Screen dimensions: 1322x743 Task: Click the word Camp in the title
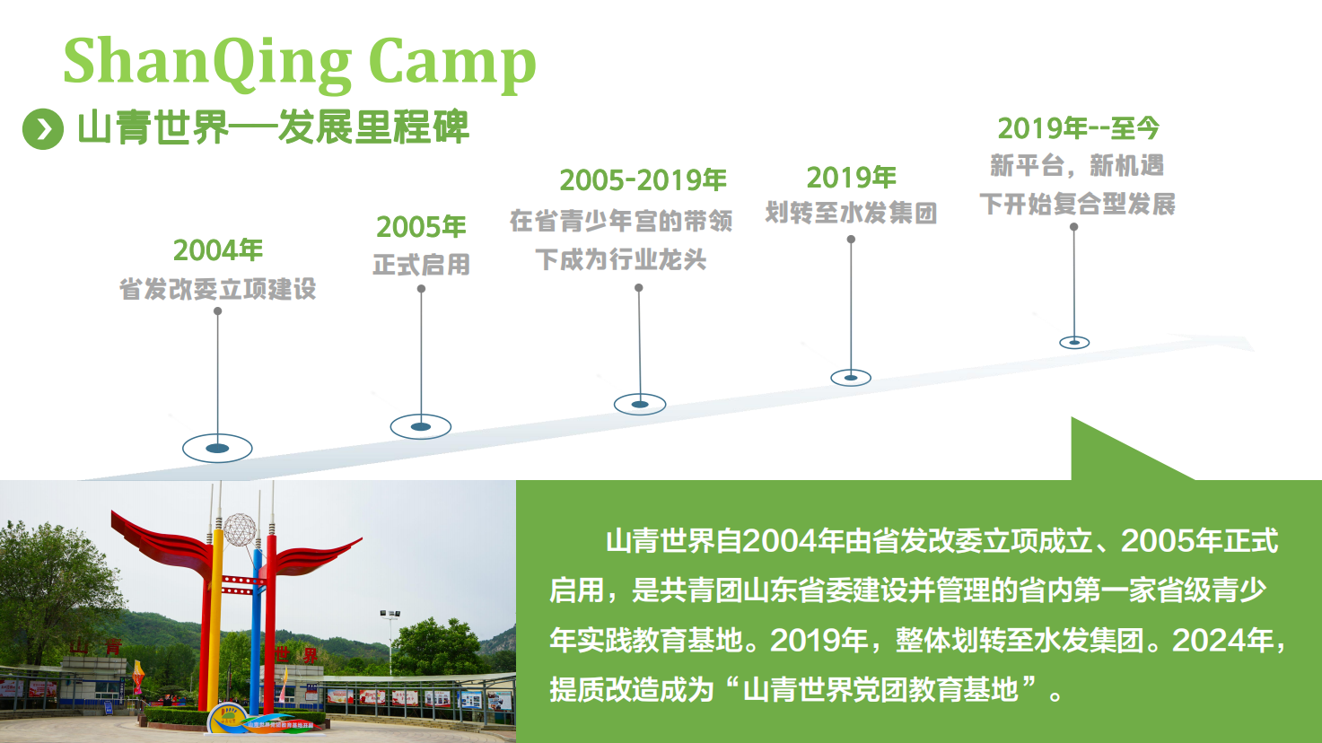click(452, 63)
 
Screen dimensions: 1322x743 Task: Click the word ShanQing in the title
click(207, 63)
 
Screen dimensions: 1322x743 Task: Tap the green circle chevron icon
click(43, 129)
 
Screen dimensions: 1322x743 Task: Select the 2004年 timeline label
click(218, 250)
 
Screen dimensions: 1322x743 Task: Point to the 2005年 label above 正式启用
click(422, 227)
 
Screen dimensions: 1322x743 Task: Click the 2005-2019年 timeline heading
click(643, 180)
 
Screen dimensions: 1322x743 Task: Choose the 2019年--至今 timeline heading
click(1078, 128)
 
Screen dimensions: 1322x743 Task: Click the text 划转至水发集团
click(851, 213)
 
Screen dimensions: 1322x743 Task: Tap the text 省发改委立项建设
click(218, 289)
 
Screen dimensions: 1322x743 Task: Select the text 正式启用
click(422, 265)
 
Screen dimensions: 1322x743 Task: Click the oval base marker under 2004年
click(217, 449)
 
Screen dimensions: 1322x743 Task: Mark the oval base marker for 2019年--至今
click(1074, 342)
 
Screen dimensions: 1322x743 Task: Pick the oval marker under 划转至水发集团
click(851, 378)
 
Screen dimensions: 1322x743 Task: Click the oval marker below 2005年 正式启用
click(421, 426)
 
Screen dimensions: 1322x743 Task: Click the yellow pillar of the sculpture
click(216, 620)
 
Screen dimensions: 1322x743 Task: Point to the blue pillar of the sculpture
click(256, 632)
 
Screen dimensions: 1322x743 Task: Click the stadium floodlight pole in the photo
click(390, 642)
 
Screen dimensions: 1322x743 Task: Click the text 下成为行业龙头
click(621, 259)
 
